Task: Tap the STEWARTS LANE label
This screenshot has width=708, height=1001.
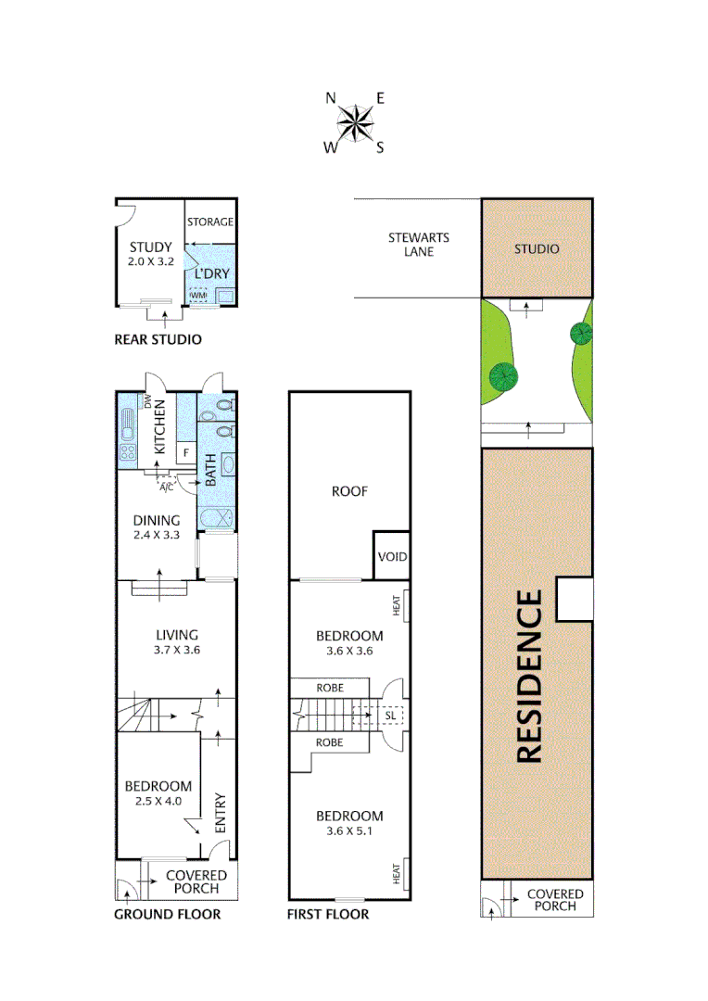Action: tap(411, 244)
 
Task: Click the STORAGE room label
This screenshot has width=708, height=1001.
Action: tap(210, 222)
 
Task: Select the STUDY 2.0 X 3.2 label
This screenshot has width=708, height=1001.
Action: tap(150, 254)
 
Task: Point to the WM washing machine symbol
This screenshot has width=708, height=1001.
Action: tap(198, 295)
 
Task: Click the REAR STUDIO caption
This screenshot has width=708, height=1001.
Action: tap(158, 339)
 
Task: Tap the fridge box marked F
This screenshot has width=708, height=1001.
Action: tap(185, 452)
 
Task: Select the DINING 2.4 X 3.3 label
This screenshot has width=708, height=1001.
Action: tap(156, 527)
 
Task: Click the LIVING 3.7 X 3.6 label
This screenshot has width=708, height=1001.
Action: tap(176, 642)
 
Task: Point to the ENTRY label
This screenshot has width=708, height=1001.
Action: tap(220, 813)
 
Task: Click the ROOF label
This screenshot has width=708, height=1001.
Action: tap(349, 491)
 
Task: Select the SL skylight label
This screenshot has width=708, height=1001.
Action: tap(389, 716)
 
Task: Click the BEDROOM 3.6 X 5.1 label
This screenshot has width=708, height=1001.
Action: tap(349, 823)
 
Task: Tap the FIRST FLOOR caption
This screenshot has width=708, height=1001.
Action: tap(328, 915)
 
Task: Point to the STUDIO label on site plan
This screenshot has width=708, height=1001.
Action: tap(537, 249)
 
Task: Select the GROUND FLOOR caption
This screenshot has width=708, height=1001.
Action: tap(167, 915)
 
